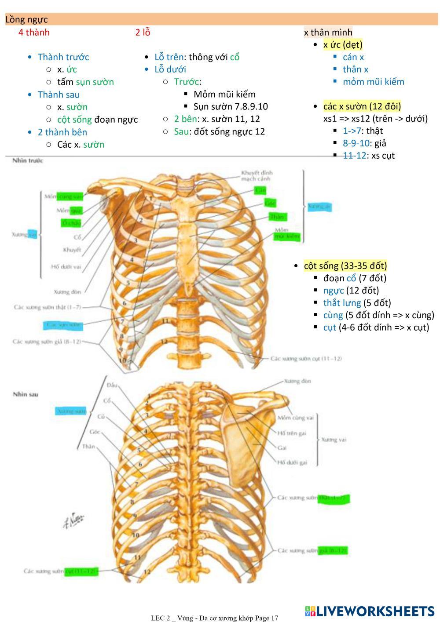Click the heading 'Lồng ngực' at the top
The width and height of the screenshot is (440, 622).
tap(26, 19)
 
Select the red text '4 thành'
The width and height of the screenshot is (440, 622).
tap(34, 32)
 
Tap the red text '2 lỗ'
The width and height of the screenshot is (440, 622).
tap(143, 32)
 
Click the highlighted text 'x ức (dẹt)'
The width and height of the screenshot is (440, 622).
tap(343, 44)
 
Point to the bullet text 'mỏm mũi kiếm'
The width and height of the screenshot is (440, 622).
tap(373, 81)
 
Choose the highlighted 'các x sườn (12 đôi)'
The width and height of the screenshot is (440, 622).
tap(362, 106)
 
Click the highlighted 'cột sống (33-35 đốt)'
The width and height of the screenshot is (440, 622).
tap(345, 266)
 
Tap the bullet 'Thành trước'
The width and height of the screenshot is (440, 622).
tap(63, 57)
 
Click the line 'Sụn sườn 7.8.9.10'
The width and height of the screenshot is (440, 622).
tap(230, 106)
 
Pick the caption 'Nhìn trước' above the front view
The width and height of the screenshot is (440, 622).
tap(27, 160)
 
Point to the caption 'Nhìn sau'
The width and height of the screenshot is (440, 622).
tap(26, 394)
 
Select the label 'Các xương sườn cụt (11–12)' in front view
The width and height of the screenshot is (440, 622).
tap(306, 358)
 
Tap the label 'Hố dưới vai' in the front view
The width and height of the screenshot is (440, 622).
tap(66, 266)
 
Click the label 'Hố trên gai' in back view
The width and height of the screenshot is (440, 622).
tap(292, 433)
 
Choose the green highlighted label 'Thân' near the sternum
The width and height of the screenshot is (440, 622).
tap(277, 217)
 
